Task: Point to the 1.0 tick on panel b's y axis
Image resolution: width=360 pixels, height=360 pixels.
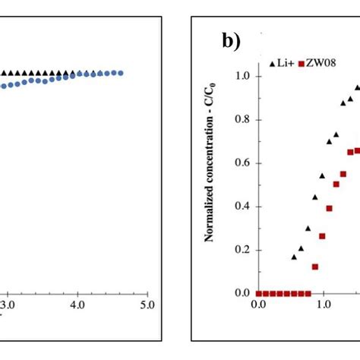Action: (x=242, y=76)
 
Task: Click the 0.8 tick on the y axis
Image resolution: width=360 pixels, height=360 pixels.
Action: (x=242, y=119)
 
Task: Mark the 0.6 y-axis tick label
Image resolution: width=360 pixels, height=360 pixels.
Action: (x=242, y=163)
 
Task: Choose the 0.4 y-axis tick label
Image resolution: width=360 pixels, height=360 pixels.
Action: (x=242, y=206)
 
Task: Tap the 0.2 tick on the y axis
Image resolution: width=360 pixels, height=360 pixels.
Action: (x=242, y=250)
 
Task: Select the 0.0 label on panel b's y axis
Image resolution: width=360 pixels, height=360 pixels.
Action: (x=242, y=293)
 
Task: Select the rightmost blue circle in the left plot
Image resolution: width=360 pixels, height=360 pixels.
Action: (x=120, y=73)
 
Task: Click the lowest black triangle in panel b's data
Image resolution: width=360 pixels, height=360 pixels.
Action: (x=294, y=257)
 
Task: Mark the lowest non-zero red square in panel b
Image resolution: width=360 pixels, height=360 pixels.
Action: (x=315, y=267)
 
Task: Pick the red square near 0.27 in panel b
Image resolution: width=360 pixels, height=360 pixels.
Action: (x=322, y=236)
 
